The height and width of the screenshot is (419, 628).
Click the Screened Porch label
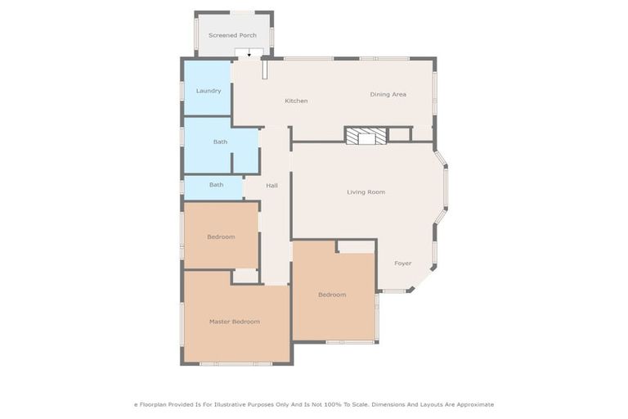pos(232,35)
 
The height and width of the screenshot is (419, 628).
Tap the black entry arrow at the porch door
pos(249,54)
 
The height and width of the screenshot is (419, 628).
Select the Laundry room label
pos(209,91)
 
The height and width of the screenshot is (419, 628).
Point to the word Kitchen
pos(296,101)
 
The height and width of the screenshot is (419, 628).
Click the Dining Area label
pos(388,94)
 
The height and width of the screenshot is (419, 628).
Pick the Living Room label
pos(366,192)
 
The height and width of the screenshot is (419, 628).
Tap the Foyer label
pos(402,264)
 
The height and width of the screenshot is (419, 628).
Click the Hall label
pos(271,186)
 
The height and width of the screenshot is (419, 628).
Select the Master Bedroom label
pos(234,322)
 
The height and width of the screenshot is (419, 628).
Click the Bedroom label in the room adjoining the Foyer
pos(332,295)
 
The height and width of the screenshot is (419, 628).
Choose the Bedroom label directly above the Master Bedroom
pos(221,237)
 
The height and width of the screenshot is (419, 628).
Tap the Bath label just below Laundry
pos(220,142)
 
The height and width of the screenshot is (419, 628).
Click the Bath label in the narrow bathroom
pos(216,185)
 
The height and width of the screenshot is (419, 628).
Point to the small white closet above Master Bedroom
pos(246,277)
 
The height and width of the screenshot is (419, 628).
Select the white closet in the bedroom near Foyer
pos(356,246)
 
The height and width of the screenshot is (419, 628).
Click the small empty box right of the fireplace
pos(398,135)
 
